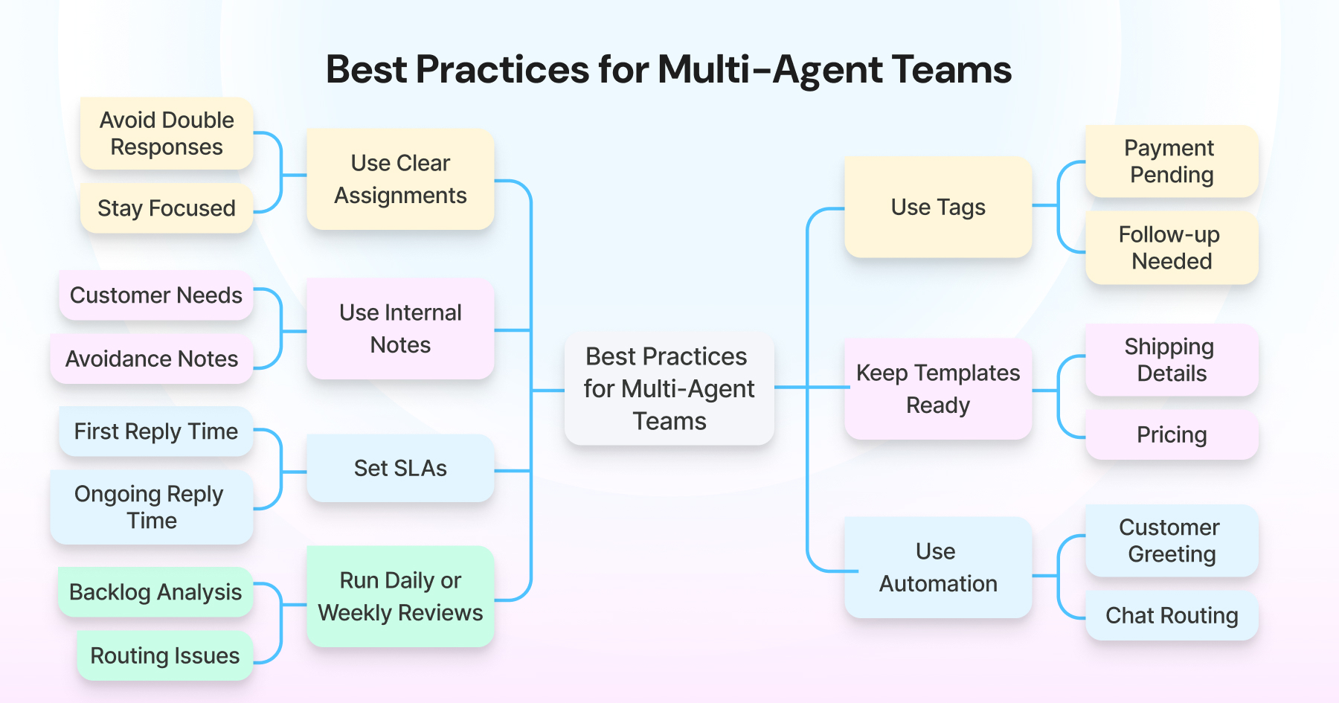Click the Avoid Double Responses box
pyautogui.click(x=167, y=134)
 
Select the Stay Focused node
pyautogui.click(x=167, y=208)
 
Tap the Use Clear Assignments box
pyautogui.click(x=400, y=179)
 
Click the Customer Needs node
pyautogui.click(x=156, y=295)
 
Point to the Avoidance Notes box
pyautogui.click(x=152, y=359)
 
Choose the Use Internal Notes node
pyautogui.click(x=400, y=329)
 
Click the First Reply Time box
pyautogui.click(x=156, y=431)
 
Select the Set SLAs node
pyautogui.click(x=400, y=468)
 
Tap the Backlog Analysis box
pyautogui.click(x=155, y=592)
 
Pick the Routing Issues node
pyautogui.click(x=165, y=655)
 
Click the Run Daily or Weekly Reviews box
pyautogui.click(x=400, y=597)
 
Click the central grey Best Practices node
pyautogui.click(x=669, y=389)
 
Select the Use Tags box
pyautogui.click(x=938, y=207)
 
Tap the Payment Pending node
pyautogui.click(x=1172, y=161)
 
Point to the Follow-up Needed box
pyautogui.click(x=1172, y=248)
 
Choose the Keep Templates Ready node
pyautogui.click(x=938, y=389)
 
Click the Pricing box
pyautogui.click(x=1172, y=434)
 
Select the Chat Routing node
pyautogui.click(x=1172, y=615)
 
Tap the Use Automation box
pyautogui.click(x=938, y=568)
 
